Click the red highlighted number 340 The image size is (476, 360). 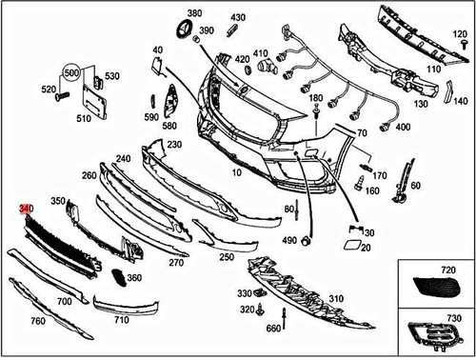point(26,208)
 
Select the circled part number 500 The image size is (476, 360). point(71,73)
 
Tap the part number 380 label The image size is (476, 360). point(194,14)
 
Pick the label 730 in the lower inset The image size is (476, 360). point(453,316)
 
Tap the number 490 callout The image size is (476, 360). point(289,240)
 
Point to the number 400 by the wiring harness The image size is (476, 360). point(402,127)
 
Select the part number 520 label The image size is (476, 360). point(48,89)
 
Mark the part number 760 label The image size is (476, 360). point(38,321)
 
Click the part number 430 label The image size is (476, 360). point(237,18)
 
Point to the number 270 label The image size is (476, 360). point(176,262)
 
